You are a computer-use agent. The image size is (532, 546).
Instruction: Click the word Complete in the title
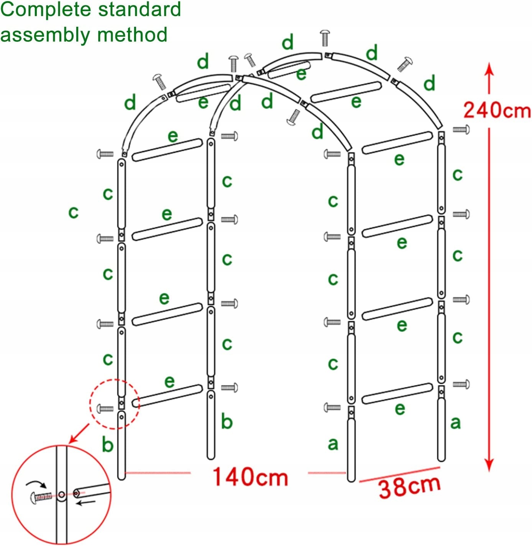(x=45, y=10)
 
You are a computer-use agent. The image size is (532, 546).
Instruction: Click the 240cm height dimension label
(x=497, y=110)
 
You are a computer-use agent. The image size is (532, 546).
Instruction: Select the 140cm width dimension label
(x=250, y=477)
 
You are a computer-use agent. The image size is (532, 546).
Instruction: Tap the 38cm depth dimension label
(x=409, y=487)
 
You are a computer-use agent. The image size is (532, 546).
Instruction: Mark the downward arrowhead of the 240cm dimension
(x=489, y=465)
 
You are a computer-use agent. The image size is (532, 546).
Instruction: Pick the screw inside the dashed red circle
(x=105, y=409)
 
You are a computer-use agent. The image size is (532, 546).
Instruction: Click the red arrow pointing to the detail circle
(x=78, y=434)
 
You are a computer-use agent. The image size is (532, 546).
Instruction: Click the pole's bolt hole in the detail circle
(x=61, y=495)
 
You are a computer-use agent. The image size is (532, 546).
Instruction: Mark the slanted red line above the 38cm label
(x=399, y=474)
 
